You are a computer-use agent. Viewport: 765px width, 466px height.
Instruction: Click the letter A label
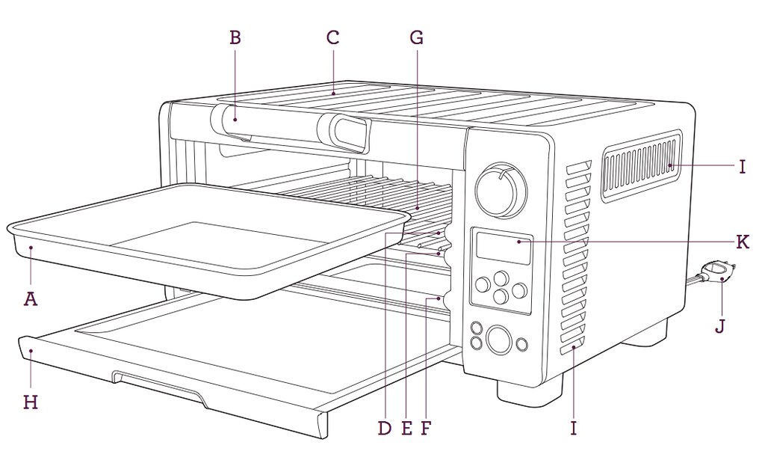click(x=31, y=298)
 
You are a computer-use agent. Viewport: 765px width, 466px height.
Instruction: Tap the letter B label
click(x=235, y=37)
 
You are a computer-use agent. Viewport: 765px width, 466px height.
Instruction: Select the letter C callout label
click(x=333, y=37)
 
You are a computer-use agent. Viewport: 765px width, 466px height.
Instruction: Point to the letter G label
click(x=417, y=37)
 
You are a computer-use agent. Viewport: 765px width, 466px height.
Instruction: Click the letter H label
click(x=31, y=402)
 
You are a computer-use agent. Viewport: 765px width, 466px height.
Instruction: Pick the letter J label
click(x=719, y=326)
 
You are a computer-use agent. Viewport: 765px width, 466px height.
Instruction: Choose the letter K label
click(x=742, y=242)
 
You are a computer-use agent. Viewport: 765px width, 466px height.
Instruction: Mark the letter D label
click(x=385, y=428)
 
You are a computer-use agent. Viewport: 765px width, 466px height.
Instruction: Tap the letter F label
click(x=426, y=428)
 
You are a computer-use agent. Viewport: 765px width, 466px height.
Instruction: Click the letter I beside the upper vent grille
click(x=742, y=166)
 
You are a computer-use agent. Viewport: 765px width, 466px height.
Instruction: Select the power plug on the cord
click(x=717, y=272)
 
